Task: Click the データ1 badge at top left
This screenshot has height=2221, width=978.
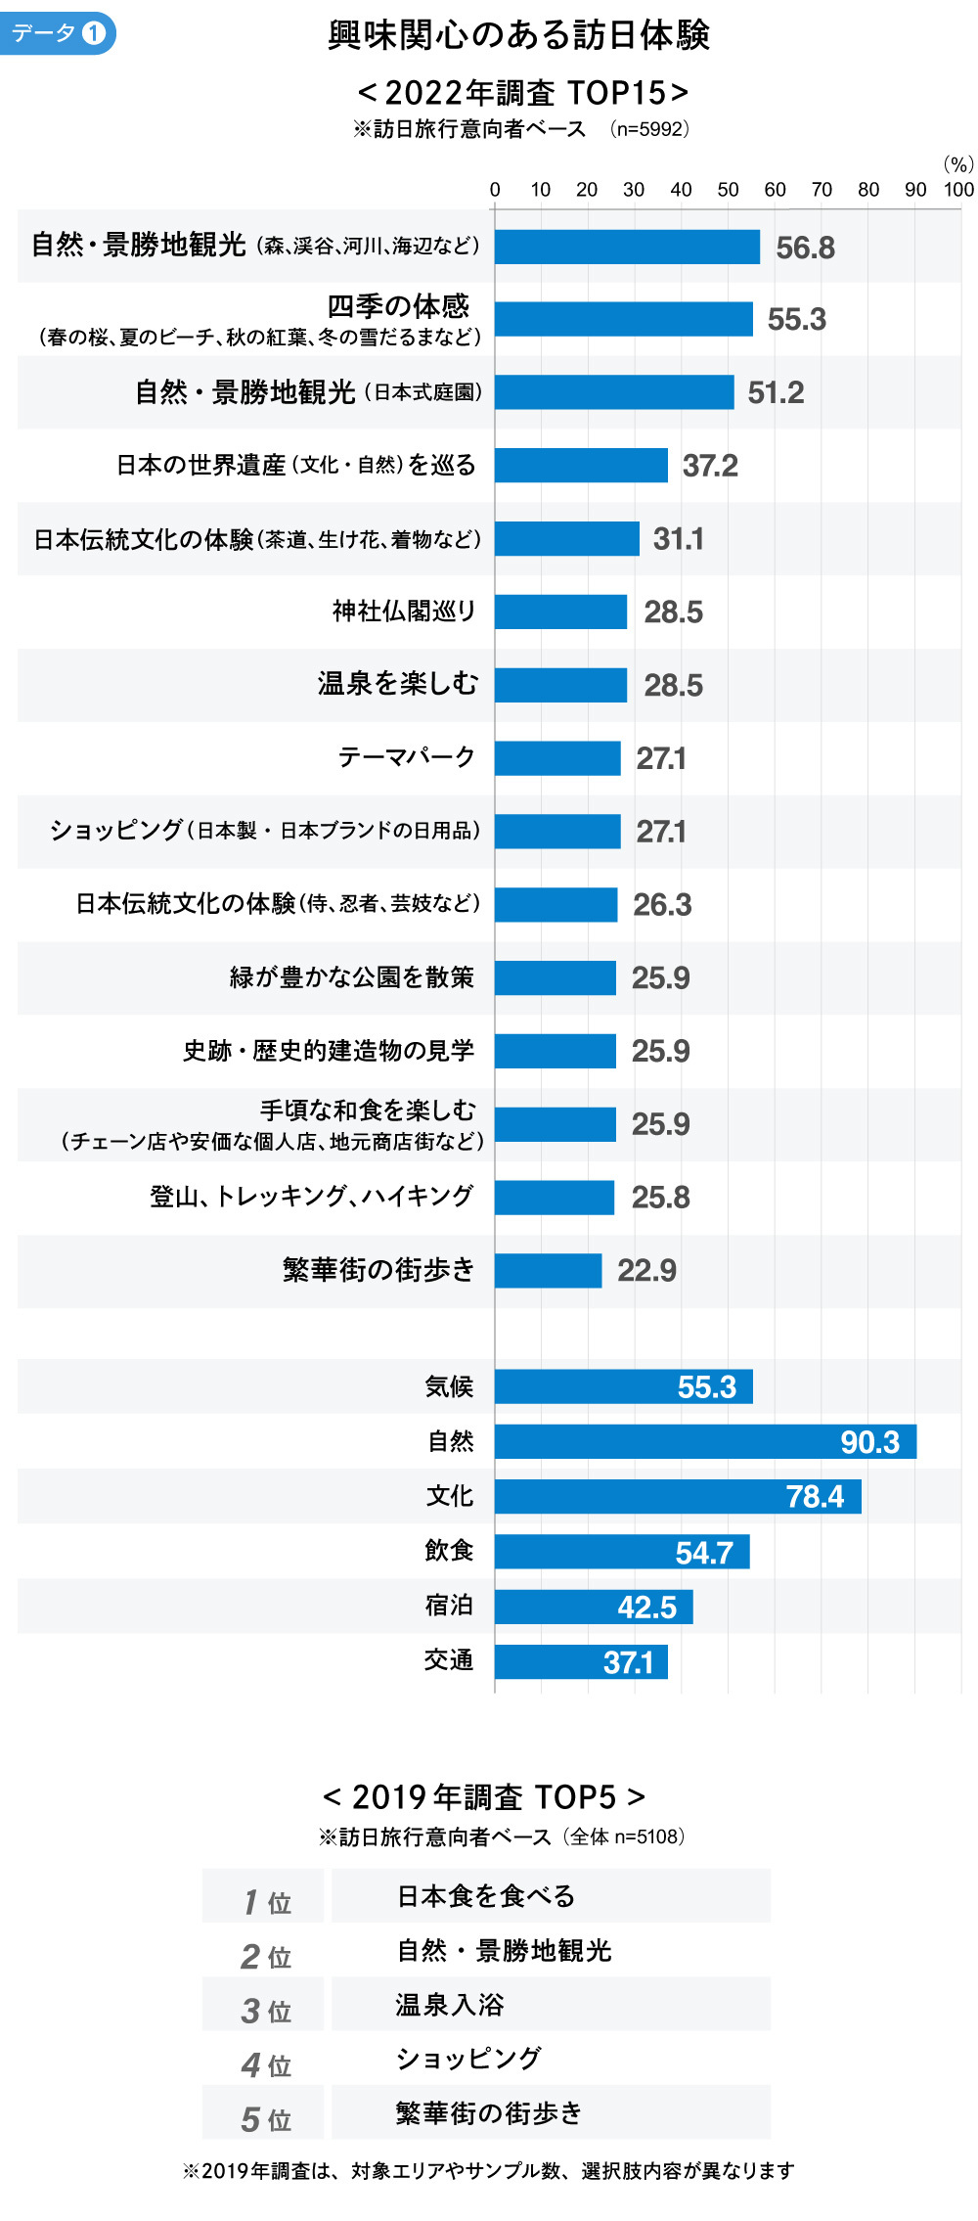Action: click(57, 33)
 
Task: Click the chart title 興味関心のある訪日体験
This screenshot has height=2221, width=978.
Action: click(518, 35)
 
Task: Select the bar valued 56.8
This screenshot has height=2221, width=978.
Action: click(627, 247)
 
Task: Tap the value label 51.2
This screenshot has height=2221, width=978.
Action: click(776, 392)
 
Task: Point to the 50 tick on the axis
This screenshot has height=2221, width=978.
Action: click(728, 190)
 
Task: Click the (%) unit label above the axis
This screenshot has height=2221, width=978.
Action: click(957, 164)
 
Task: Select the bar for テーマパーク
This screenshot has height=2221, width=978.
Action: click(557, 758)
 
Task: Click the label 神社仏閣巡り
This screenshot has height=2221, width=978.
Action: click(404, 612)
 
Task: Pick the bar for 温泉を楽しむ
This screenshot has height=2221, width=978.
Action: click(560, 685)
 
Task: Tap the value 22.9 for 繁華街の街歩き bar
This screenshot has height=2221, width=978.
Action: click(646, 1270)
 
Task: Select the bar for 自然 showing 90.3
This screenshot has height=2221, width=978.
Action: click(705, 1441)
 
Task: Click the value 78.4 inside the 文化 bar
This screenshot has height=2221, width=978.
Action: click(815, 1497)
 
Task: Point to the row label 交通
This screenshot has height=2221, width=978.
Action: click(449, 1660)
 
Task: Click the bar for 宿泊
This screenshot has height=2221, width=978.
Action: click(594, 1607)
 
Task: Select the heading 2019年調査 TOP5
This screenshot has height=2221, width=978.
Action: click(484, 1797)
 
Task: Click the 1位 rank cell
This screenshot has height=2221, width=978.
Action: click(264, 1902)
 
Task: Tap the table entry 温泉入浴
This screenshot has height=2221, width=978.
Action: click(449, 2005)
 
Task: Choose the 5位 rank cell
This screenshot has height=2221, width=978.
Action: click(264, 2119)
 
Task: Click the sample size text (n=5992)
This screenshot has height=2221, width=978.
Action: click(649, 129)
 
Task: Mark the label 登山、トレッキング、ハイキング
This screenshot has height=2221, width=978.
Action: click(311, 1197)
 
